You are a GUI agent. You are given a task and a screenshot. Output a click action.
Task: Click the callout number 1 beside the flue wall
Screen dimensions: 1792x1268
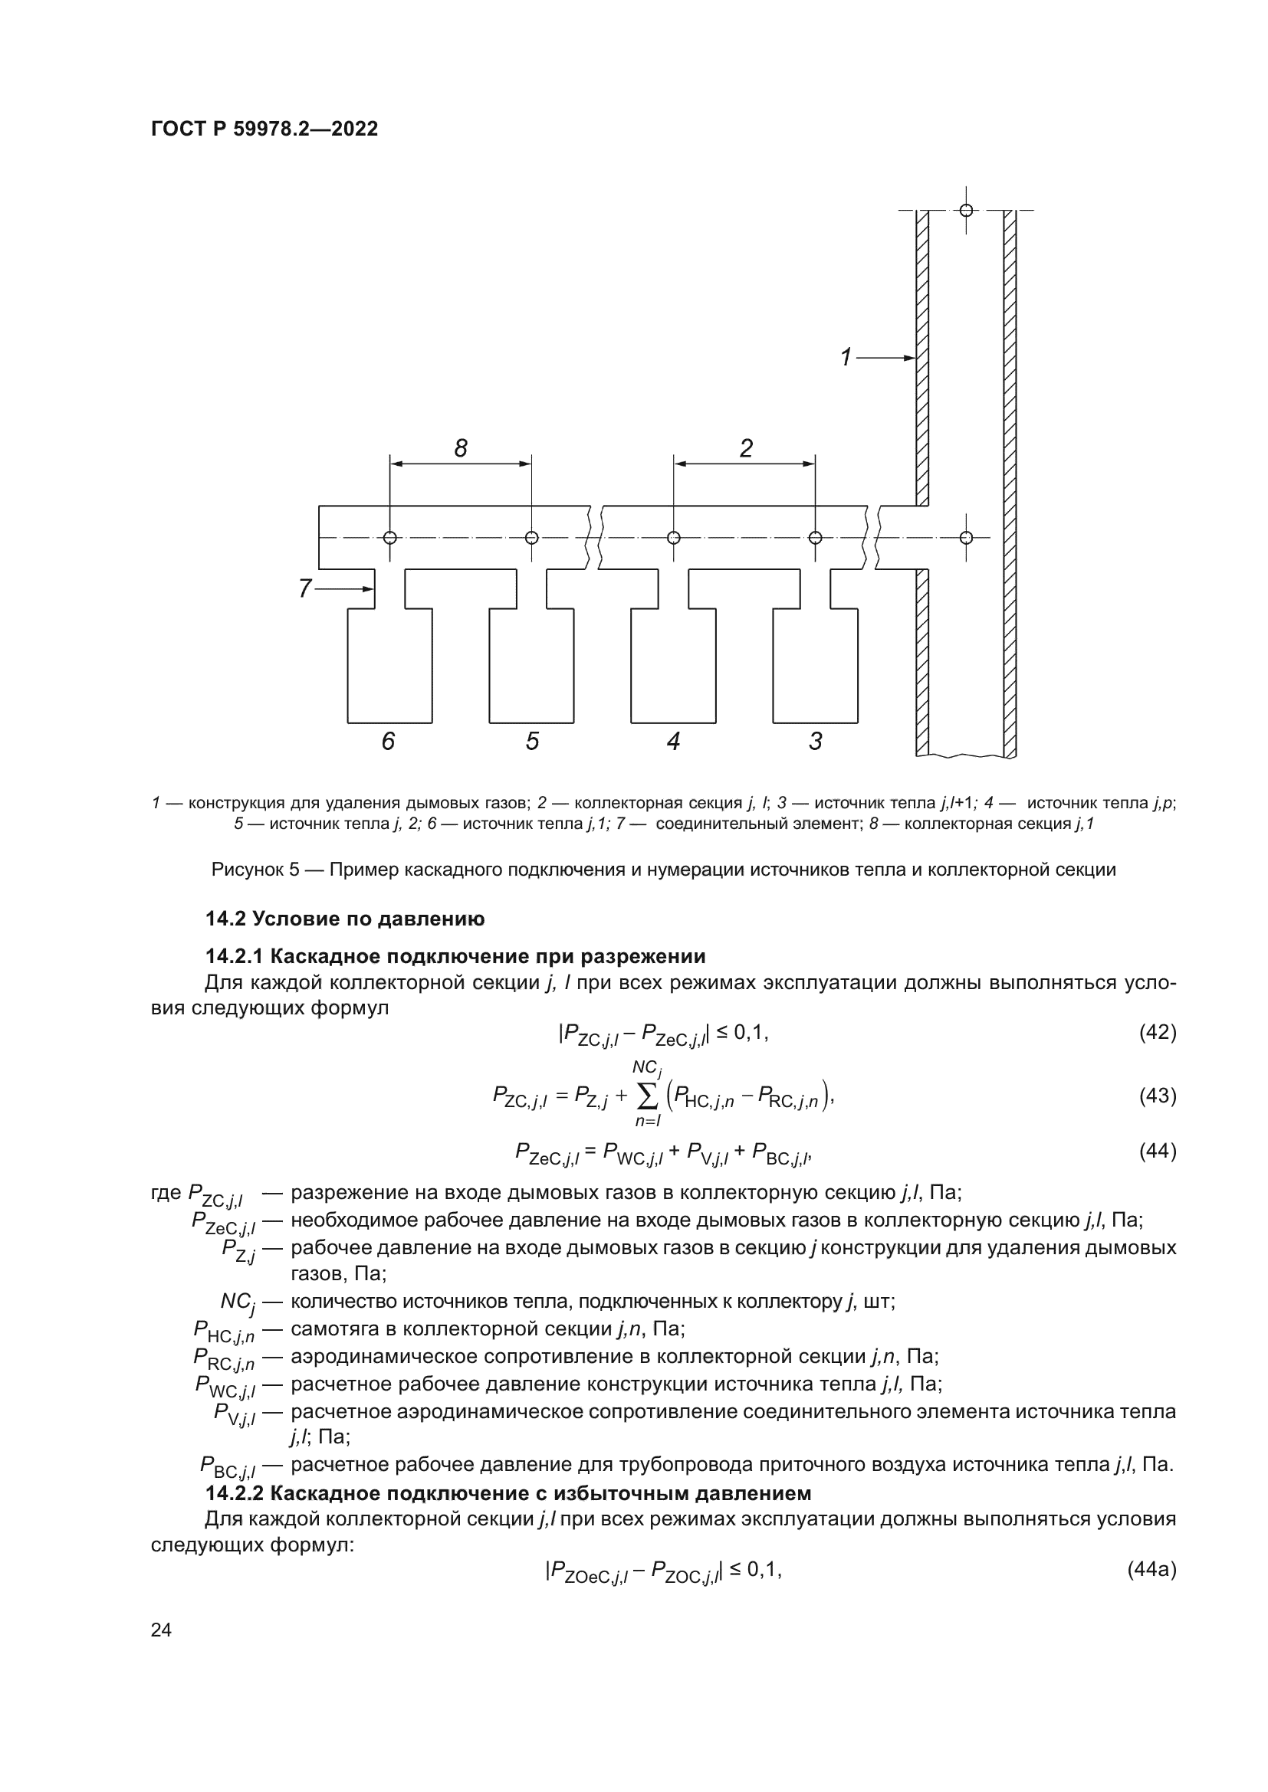pyautogui.click(x=846, y=357)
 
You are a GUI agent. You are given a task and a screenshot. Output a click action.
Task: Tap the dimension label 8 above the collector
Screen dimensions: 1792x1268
pyautogui.click(x=461, y=448)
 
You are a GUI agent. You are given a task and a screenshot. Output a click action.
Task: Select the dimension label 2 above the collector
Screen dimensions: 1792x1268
pyautogui.click(x=746, y=448)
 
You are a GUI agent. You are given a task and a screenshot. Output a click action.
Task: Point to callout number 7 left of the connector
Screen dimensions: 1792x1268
pyautogui.click(x=305, y=588)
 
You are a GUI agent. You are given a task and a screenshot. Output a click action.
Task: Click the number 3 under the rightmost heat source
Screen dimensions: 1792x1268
pyautogui.click(x=815, y=741)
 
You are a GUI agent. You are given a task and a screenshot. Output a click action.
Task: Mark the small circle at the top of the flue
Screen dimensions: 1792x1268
pyautogui.click(x=966, y=210)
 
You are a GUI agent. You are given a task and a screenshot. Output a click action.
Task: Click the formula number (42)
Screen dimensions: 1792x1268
pyautogui.click(x=1157, y=1033)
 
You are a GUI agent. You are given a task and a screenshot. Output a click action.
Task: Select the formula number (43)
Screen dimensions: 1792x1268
pyautogui.click(x=1157, y=1096)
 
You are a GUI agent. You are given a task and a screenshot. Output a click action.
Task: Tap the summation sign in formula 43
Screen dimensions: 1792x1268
pyautogui.click(x=647, y=1096)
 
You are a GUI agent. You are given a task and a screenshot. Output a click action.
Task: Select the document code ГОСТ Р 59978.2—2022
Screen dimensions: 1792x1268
pyautogui.click(x=264, y=129)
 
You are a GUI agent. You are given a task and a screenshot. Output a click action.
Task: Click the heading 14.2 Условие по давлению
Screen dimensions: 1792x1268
pyautogui.click(x=344, y=919)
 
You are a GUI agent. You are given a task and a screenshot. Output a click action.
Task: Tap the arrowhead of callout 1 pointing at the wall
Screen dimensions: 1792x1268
pyautogui.click(x=910, y=358)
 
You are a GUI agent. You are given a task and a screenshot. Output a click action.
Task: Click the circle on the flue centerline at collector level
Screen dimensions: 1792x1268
pyautogui.click(x=966, y=537)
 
